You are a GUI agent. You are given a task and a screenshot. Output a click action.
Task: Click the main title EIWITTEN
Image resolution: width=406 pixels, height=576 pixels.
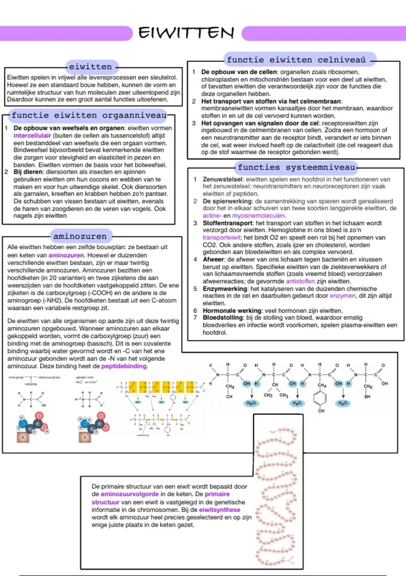(186, 33)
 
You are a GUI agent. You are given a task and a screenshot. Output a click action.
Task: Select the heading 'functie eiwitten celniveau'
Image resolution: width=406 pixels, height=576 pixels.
(296, 60)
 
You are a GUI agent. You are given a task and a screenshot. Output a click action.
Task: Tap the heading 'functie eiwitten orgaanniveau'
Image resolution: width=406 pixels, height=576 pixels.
(89, 116)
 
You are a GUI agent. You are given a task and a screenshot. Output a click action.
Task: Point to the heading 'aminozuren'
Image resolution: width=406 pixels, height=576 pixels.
(80, 236)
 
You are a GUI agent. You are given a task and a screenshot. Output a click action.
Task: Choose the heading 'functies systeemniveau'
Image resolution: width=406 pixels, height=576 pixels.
(296, 167)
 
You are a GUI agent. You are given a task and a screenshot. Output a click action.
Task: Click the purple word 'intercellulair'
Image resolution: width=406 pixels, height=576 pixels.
(32, 136)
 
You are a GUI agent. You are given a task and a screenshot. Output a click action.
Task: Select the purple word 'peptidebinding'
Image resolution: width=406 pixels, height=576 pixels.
(124, 366)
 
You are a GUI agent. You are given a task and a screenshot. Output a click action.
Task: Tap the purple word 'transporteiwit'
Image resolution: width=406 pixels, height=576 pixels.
(221, 238)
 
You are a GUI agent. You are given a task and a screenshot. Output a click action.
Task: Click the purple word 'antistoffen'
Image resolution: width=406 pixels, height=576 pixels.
(300, 281)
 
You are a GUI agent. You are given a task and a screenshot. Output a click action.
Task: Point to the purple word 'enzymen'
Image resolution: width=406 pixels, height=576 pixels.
(343, 296)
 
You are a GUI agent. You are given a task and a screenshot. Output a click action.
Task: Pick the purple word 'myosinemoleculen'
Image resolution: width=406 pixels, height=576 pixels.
(258, 215)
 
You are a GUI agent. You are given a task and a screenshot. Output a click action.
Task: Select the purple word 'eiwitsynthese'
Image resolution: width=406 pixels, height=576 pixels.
(220, 510)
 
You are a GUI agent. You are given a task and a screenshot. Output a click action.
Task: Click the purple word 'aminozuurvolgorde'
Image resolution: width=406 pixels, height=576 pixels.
(130, 494)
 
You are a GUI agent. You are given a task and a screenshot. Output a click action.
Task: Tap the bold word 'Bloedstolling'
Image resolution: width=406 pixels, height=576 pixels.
(223, 318)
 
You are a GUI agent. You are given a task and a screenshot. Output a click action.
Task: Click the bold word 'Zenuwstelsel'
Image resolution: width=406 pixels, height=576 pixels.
(223, 179)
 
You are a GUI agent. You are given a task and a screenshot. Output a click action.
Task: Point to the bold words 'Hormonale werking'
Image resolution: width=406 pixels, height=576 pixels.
(232, 311)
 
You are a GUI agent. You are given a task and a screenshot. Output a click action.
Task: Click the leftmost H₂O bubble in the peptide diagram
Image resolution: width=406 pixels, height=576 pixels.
(251, 403)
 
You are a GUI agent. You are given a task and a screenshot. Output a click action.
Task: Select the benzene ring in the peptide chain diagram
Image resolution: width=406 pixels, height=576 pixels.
(320, 398)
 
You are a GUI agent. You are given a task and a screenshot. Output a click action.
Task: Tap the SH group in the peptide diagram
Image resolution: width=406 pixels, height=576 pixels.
(367, 396)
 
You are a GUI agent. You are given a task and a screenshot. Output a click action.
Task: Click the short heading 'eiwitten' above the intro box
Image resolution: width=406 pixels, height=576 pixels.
(90, 67)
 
